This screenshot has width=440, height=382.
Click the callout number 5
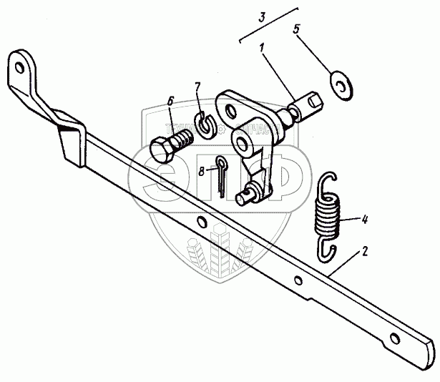pyautogui.click(x=298, y=31)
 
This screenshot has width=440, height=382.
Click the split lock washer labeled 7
pyautogui.click(x=207, y=124)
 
